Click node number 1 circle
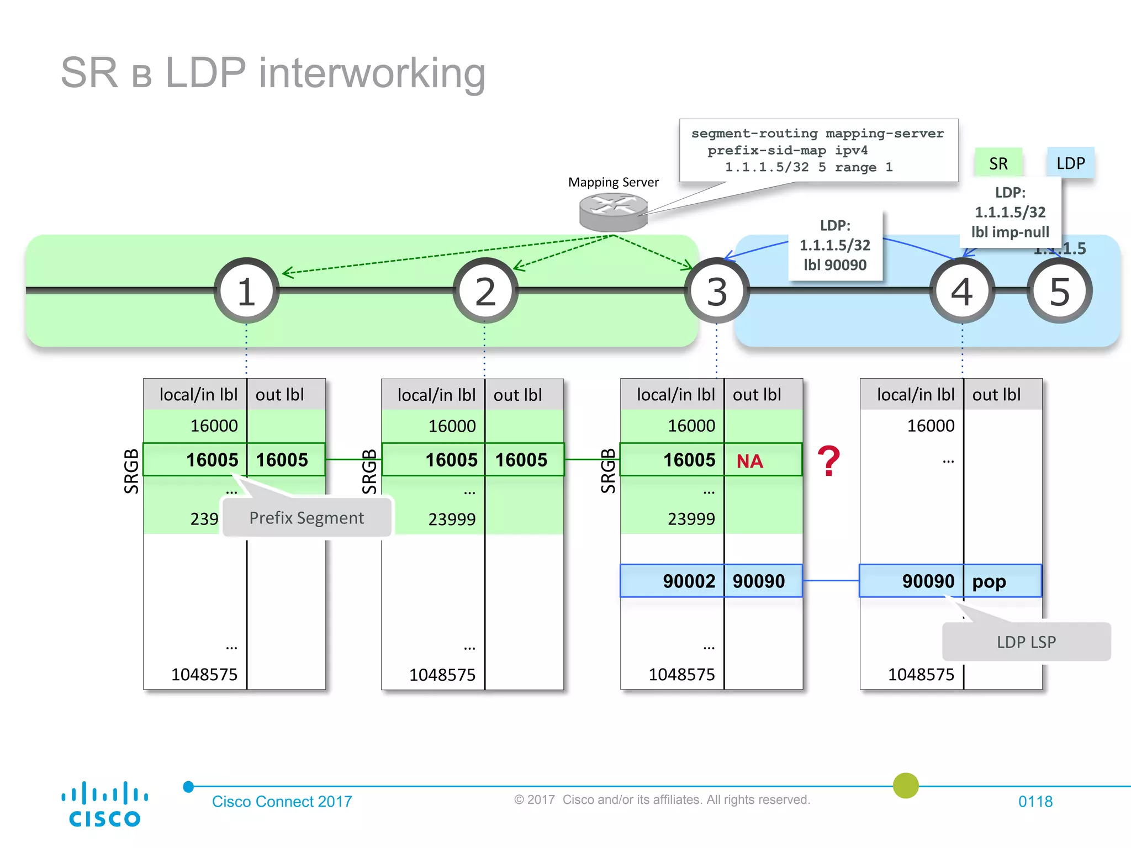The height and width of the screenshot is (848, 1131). point(246,291)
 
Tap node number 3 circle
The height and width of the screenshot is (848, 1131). point(717,291)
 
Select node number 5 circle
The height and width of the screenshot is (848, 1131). point(1059,291)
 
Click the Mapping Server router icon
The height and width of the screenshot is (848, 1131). point(613,213)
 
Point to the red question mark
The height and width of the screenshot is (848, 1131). point(828,461)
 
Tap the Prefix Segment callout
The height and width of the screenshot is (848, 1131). point(306,518)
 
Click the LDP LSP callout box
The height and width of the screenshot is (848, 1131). point(1026,642)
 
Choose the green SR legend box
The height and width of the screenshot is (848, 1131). point(998,163)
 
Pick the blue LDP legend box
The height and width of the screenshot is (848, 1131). point(1070,163)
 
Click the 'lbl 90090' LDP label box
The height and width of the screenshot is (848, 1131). point(835,245)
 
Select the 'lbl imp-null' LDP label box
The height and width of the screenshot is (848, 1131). point(1010,213)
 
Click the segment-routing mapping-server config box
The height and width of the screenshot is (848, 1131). point(818,150)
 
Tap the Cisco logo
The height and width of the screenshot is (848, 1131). point(104,804)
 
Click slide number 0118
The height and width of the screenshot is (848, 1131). point(1035,801)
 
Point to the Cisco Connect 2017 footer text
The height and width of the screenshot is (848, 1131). point(282,801)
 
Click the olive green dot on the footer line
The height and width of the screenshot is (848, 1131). point(906,786)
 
